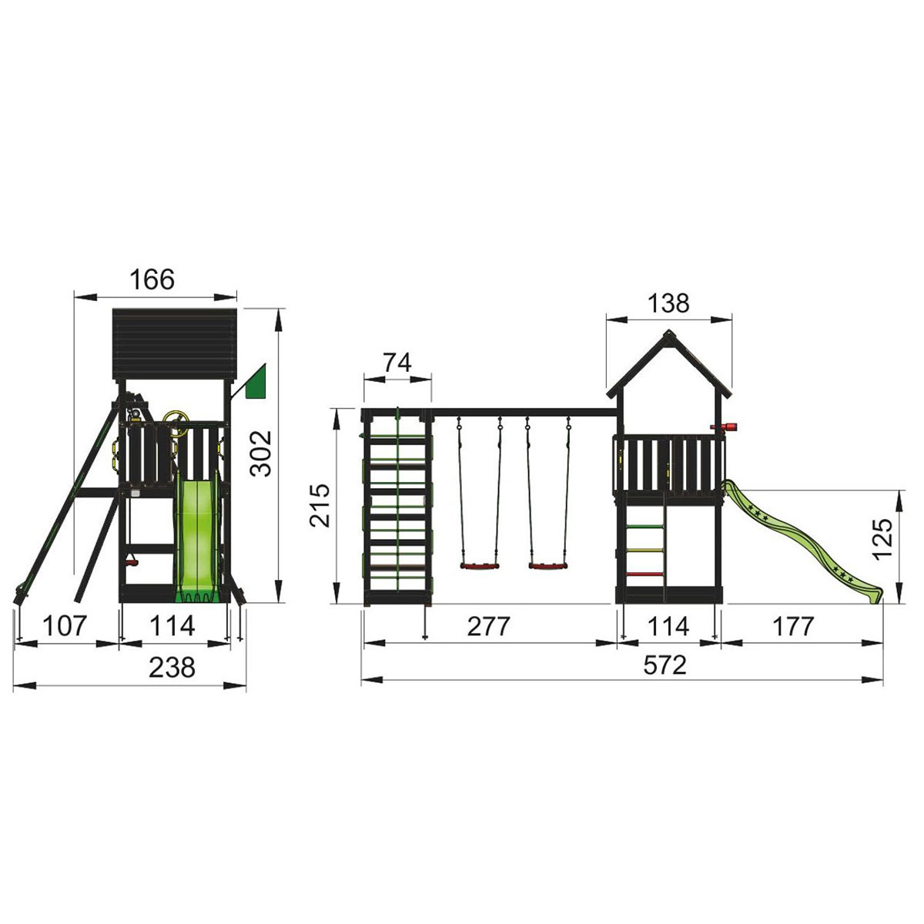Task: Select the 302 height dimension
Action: (261, 454)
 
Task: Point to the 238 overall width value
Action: (171, 667)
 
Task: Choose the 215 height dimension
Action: (320, 505)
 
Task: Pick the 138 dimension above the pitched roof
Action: (668, 303)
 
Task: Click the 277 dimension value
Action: (489, 626)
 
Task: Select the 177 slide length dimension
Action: (792, 626)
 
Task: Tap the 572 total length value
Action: (664, 665)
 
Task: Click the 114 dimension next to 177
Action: (668, 626)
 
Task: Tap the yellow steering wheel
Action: (171, 423)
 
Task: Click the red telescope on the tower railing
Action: (728, 427)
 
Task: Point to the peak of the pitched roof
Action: (668, 333)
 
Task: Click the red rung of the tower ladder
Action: (646, 574)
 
